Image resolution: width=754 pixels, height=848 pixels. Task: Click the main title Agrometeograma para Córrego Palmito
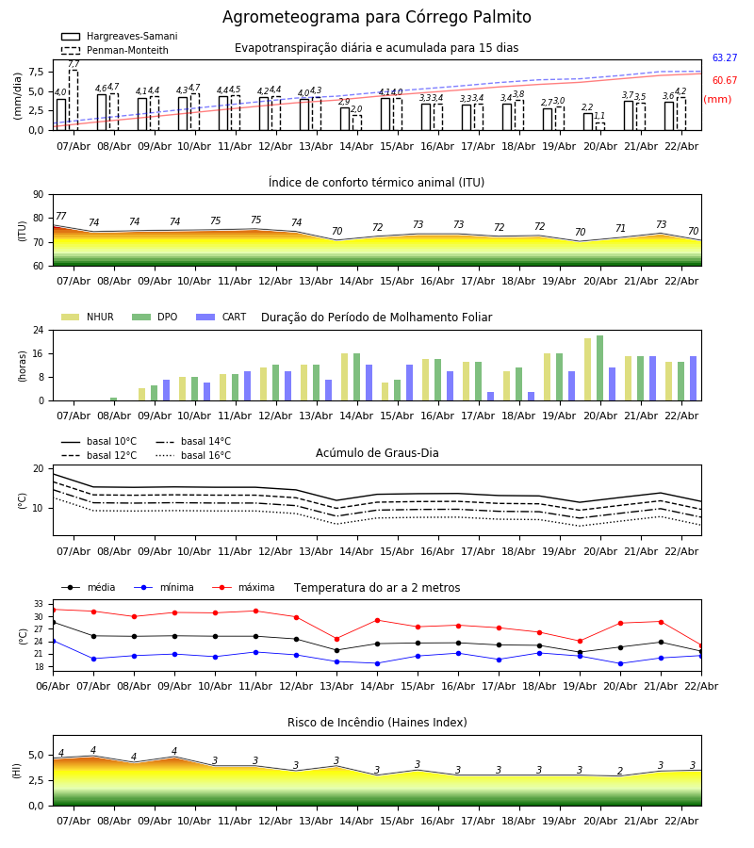tap(377, 18)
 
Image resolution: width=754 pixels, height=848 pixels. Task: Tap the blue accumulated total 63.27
tap(724, 58)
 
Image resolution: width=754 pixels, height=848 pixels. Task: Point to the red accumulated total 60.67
tap(724, 81)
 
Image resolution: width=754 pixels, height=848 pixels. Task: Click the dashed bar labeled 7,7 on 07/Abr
tap(74, 99)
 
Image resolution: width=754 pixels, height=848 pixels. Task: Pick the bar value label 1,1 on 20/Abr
tap(600, 116)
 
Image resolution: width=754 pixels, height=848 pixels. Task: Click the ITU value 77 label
tap(61, 217)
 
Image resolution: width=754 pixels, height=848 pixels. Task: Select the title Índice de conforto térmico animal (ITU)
tap(376, 183)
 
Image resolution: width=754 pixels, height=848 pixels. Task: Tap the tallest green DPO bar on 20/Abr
tap(599, 368)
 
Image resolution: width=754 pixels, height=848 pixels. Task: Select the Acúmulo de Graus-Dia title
tap(377, 453)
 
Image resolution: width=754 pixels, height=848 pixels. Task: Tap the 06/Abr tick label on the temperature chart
tap(53, 685)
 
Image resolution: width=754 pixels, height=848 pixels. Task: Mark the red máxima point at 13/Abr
tap(336, 639)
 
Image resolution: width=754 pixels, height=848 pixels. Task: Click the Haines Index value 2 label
tap(620, 772)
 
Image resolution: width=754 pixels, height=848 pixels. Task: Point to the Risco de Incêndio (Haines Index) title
tap(377, 723)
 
